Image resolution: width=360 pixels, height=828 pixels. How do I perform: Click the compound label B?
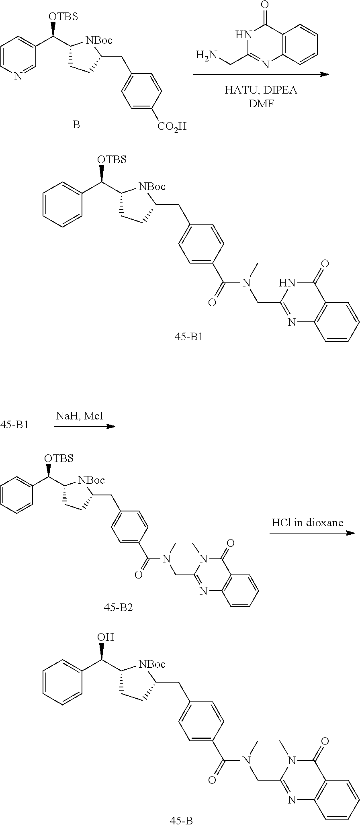(x=76, y=125)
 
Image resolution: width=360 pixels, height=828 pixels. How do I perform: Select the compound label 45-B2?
(x=118, y=607)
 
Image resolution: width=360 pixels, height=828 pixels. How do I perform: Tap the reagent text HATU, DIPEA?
(x=261, y=90)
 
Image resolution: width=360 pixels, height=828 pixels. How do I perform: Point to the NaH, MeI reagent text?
(x=80, y=416)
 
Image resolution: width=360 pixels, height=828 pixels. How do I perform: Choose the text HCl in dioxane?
(x=307, y=523)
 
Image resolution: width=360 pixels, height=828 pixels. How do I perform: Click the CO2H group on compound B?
(x=172, y=127)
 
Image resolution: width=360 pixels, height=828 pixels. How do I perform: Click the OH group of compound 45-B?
(x=105, y=637)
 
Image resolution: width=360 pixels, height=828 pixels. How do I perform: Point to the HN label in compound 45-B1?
(x=287, y=283)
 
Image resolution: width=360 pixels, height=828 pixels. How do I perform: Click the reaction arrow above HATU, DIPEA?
(x=261, y=75)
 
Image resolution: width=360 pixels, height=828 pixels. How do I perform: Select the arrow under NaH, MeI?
(x=84, y=426)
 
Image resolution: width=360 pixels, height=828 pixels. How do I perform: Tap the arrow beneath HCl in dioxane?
(x=312, y=533)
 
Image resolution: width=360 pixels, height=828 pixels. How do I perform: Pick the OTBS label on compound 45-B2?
(x=59, y=458)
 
